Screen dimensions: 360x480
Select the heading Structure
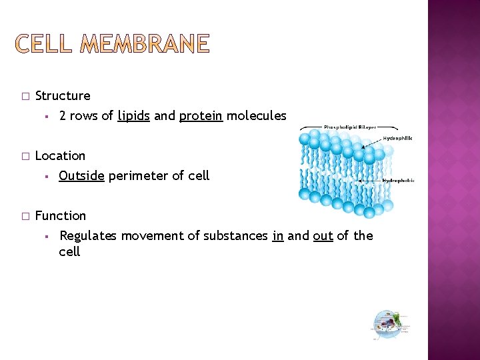pyautogui.click(x=63, y=96)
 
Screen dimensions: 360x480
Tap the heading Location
pyautogui.click(x=60, y=156)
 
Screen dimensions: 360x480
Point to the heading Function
pyautogui.click(x=61, y=216)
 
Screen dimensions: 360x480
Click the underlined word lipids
pyautogui.click(x=134, y=116)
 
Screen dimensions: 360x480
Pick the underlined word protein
pyautogui.click(x=201, y=116)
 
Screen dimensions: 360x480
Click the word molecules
pyautogui.click(x=257, y=116)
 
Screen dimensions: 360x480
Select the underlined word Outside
pyautogui.click(x=81, y=176)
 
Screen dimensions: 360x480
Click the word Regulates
pyautogui.click(x=87, y=236)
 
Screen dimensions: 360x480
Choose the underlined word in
pyautogui.click(x=278, y=236)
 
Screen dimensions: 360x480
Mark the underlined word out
pyautogui.click(x=323, y=236)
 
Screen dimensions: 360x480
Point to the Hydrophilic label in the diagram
pyautogui.click(x=397, y=138)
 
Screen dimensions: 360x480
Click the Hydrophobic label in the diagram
pyautogui.click(x=398, y=180)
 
